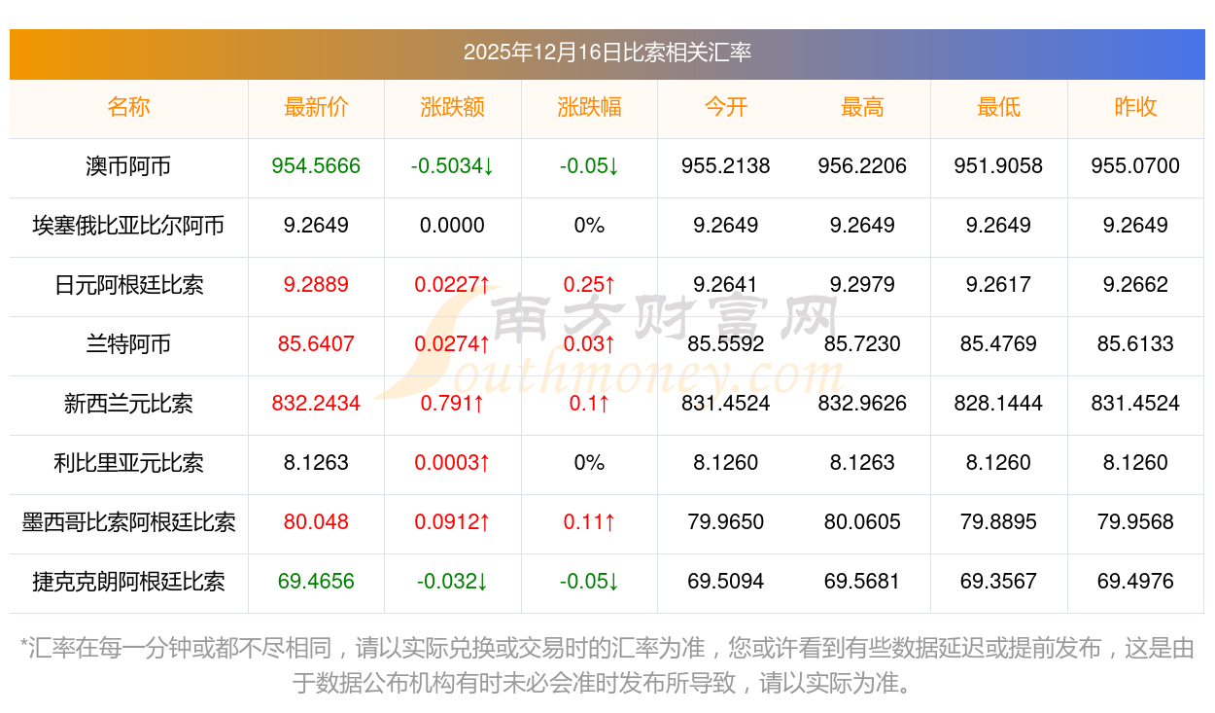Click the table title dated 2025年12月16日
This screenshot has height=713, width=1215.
click(607, 53)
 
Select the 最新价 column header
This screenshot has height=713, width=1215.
click(316, 107)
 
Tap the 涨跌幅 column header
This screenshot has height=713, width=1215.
click(589, 107)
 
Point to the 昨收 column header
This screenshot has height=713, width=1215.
click(1135, 107)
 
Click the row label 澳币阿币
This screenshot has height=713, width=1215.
click(128, 166)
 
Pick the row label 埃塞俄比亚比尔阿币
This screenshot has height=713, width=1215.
click(128, 226)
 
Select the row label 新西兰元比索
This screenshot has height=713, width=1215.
click(128, 404)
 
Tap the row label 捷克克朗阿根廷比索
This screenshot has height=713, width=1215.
click(128, 582)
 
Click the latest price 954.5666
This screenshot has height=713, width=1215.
click(316, 166)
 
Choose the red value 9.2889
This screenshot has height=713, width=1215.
click(316, 285)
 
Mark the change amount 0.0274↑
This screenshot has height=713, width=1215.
click(452, 344)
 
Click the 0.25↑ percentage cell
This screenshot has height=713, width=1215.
click(589, 285)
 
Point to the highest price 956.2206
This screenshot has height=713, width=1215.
click(862, 166)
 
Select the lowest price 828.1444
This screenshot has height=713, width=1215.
click(998, 404)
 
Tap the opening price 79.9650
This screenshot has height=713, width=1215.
click(726, 522)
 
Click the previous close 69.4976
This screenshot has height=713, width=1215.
click(1135, 582)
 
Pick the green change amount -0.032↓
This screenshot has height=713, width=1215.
click(452, 582)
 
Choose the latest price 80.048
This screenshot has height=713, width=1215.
click(316, 522)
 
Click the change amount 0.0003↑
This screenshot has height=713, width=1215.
click(452, 463)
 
